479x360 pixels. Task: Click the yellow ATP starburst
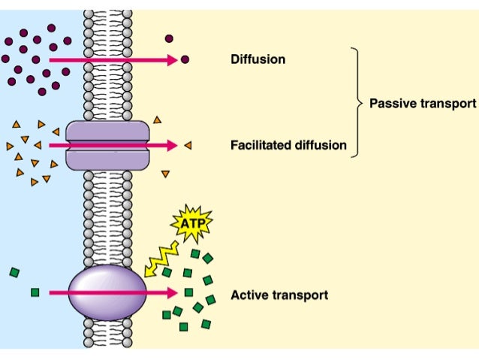coord(192,222)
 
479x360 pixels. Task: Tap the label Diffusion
coord(258,59)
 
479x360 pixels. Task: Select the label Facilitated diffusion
coord(288,145)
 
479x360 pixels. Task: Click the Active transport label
coord(279,295)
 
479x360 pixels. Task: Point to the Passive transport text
coord(423,104)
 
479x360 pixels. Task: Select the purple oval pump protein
coord(107,292)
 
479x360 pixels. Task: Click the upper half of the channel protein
coord(108,133)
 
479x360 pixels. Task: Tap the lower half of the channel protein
coord(108,159)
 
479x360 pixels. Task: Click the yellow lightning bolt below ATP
coord(162,256)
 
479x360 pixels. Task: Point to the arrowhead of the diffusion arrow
coord(173,59)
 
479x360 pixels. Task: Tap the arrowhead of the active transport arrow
coord(173,293)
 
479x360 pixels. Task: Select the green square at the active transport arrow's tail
coord(35,292)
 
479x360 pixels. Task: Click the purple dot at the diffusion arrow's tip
coord(185,59)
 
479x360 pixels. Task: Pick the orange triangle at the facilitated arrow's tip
coord(187,145)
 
